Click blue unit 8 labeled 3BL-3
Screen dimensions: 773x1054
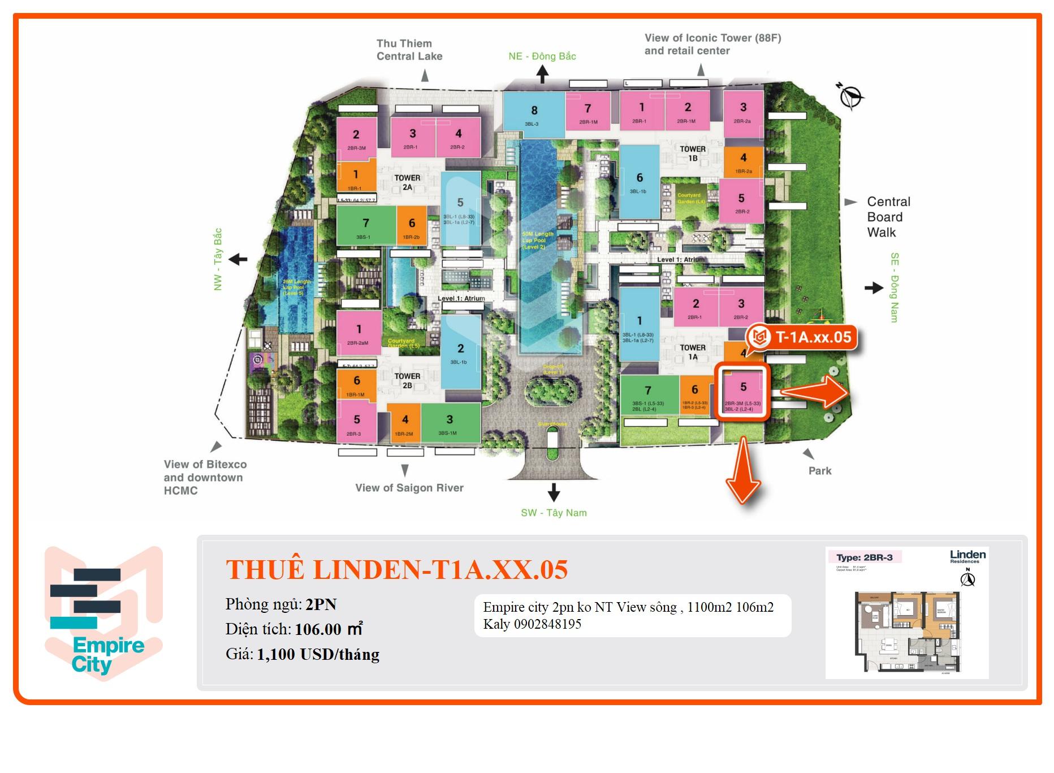(x=533, y=114)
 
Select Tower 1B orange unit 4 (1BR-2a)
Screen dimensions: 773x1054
(x=743, y=162)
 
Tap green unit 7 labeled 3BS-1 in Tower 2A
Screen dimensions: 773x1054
(x=365, y=226)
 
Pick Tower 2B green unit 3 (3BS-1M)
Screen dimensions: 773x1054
(x=450, y=423)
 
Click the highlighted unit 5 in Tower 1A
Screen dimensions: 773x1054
(x=742, y=393)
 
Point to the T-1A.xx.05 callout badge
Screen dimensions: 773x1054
(x=804, y=338)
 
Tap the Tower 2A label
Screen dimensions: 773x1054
(x=407, y=182)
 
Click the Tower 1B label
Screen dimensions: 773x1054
(x=693, y=153)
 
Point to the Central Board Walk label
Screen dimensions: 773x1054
(x=888, y=217)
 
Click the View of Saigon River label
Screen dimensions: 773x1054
(x=409, y=488)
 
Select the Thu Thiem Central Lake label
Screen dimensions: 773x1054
(x=409, y=50)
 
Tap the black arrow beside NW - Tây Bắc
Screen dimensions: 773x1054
(x=238, y=260)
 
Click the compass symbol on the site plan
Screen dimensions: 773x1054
(x=850, y=97)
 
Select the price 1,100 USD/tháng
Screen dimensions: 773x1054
(x=318, y=655)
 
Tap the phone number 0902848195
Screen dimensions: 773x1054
(x=547, y=624)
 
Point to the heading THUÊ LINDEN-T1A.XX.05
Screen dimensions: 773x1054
(x=396, y=570)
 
